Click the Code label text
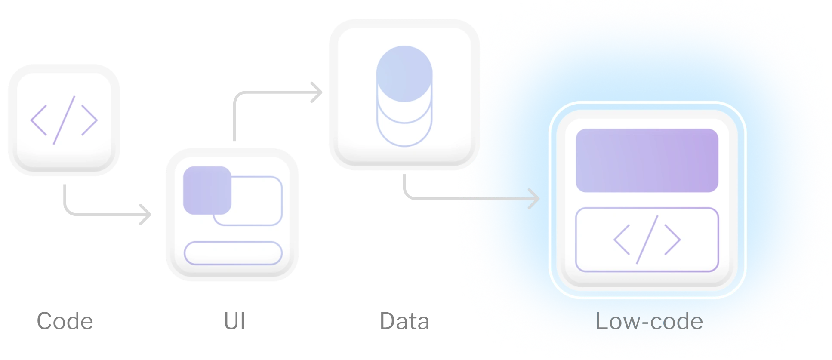(x=64, y=321)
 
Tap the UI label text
(x=234, y=321)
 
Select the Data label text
(x=404, y=321)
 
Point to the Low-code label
(x=649, y=321)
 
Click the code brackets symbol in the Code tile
(x=64, y=120)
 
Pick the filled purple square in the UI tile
(x=207, y=190)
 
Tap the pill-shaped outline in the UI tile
(x=233, y=253)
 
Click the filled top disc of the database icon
(x=404, y=74)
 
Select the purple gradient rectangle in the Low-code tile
(x=647, y=160)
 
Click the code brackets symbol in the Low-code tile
(x=647, y=240)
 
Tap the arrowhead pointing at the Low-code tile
(x=534, y=199)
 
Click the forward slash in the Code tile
(x=64, y=120)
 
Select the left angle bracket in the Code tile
(x=39, y=120)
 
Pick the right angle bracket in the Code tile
(x=90, y=120)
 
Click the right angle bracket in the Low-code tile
(x=673, y=240)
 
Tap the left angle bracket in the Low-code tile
(x=622, y=240)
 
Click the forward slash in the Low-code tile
(x=647, y=240)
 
